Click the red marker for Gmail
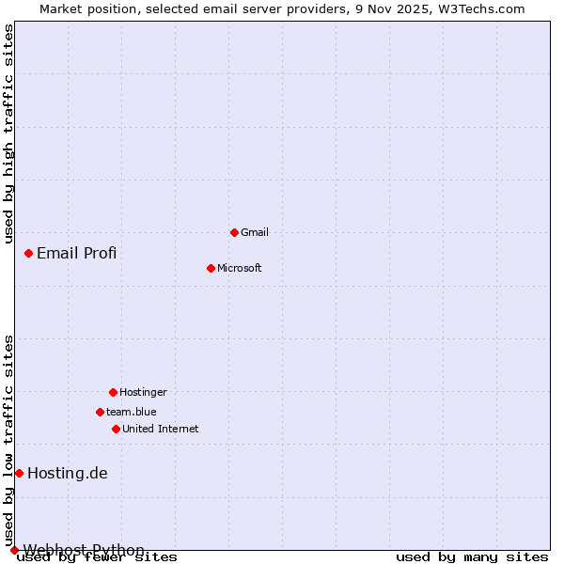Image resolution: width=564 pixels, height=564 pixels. [234, 232]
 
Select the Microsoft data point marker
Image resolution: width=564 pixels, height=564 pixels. [211, 268]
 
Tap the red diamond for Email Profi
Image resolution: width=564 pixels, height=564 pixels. [28, 253]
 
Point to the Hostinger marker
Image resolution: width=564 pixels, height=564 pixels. [113, 392]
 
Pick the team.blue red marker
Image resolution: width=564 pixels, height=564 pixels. [100, 412]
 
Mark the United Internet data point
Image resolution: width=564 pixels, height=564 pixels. [116, 429]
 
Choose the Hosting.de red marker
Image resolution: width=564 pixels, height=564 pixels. [19, 473]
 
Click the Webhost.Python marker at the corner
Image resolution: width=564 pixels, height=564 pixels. [14, 550]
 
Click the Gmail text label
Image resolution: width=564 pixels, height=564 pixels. [255, 232]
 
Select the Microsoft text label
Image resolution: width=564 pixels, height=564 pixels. [240, 268]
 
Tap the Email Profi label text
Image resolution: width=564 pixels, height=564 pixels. [77, 253]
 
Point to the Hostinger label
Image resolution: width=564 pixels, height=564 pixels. [143, 392]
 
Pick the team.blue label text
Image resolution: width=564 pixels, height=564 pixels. [132, 412]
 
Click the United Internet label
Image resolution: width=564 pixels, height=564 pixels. [161, 429]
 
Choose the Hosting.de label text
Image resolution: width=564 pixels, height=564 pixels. [68, 473]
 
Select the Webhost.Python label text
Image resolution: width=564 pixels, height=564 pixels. [84, 550]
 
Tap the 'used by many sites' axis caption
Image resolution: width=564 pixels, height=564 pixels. [472, 557]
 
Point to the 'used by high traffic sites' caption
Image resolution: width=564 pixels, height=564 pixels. [8, 133]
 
